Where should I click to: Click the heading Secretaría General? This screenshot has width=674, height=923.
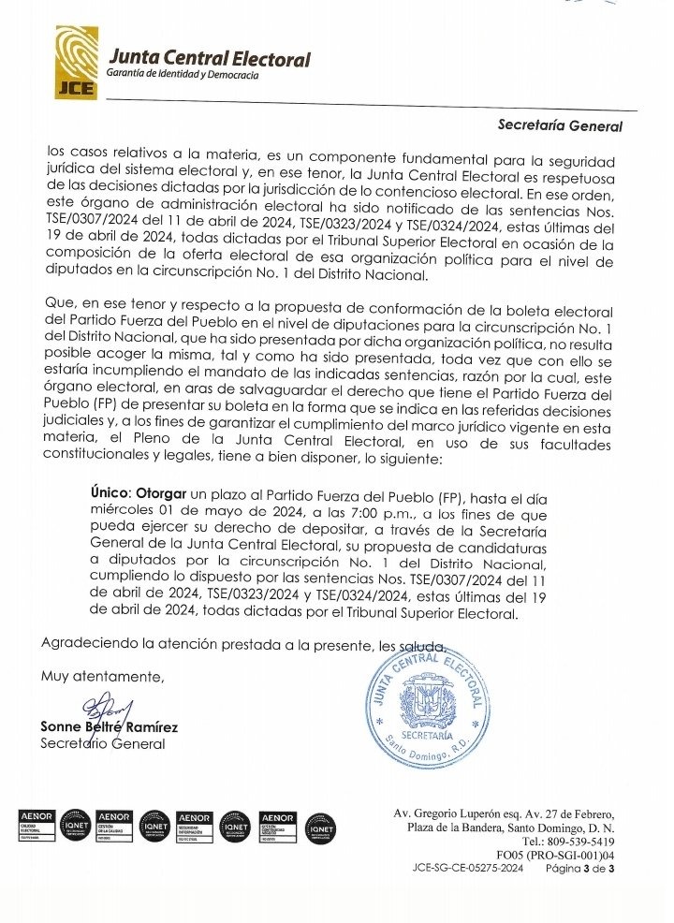point(560,124)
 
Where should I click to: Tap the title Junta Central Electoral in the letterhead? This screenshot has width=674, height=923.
point(209,59)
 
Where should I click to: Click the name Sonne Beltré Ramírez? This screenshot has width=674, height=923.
point(109,726)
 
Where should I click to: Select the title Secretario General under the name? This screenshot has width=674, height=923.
point(102,743)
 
